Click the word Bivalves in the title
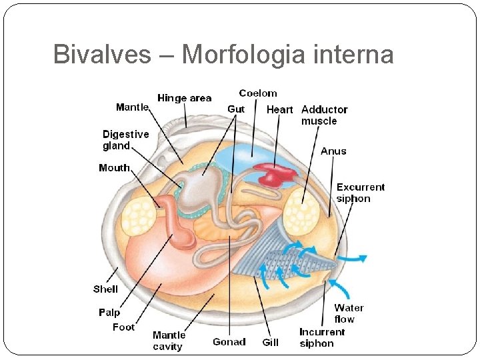pos(102,54)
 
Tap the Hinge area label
pos(184,98)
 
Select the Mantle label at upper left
pos(132,107)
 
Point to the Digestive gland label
pos(125,140)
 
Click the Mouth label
pos(114,167)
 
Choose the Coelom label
pos(257,93)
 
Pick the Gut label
pos(236,109)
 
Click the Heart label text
pos(279,109)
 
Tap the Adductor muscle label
pos(324,115)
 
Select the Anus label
pos(333,151)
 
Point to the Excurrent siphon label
pos(360,193)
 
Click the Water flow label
pos(349,313)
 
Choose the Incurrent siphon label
pos(322,337)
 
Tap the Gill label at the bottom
pos(270,342)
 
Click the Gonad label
pos(229,342)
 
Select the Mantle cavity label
pos(169,341)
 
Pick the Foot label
pos(123,327)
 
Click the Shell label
pos(105,289)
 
